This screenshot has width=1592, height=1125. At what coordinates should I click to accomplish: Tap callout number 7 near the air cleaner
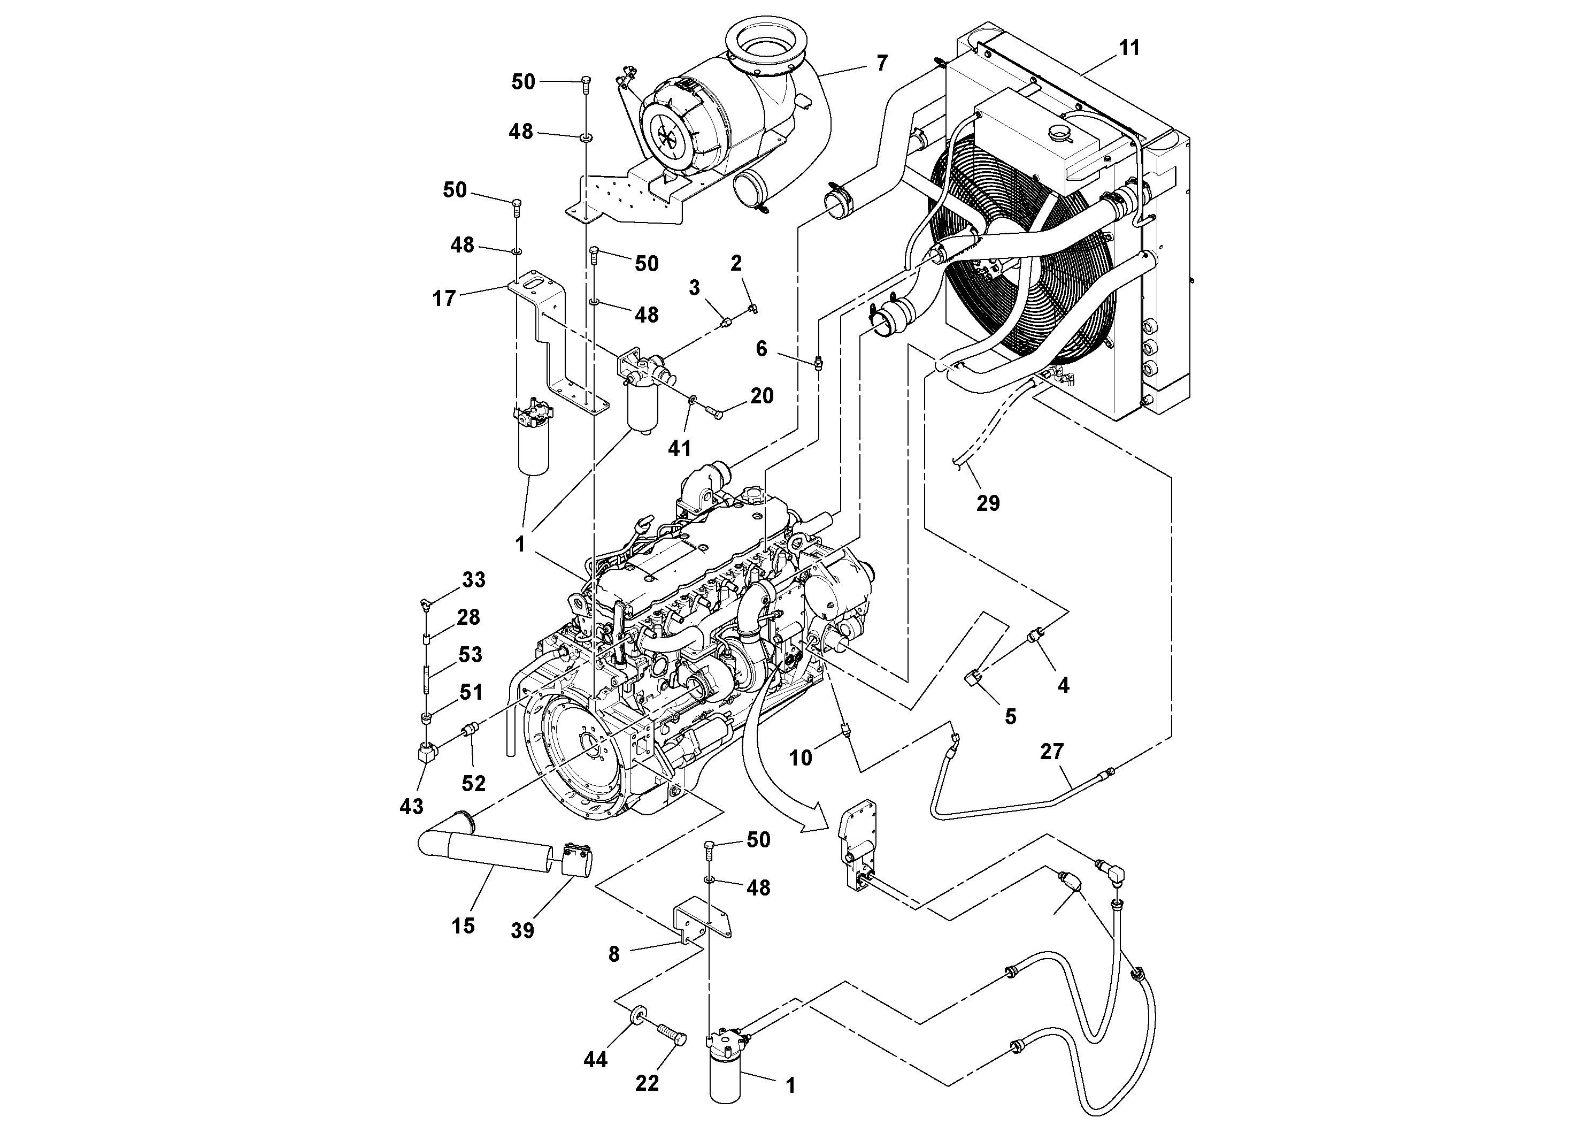tap(881, 63)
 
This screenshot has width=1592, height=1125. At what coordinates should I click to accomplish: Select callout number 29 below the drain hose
tap(988, 503)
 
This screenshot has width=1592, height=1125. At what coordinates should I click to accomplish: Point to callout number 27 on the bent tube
tap(1052, 751)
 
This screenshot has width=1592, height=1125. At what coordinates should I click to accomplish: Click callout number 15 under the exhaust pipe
tap(463, 925)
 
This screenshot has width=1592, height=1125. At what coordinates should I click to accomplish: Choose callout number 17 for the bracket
tap(444, 299)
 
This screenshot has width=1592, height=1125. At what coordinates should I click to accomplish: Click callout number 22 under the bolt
tap(647, 1083)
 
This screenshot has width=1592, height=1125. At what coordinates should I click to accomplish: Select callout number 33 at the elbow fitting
tap(474, 579)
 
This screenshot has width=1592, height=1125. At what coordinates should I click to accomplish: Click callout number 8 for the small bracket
tap(613, 954)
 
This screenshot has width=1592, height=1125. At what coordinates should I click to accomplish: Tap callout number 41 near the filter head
tap(680, 448)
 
